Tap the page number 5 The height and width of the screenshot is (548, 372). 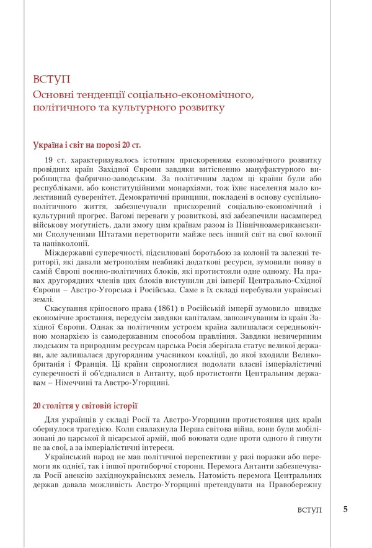click(345, 509)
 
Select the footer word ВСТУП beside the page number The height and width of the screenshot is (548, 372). click(310, 510)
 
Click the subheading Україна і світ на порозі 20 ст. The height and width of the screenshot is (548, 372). click(87, 145)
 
